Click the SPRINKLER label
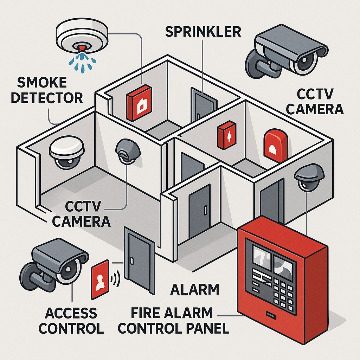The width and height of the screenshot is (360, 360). point(203,32)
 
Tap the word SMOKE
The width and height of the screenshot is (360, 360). point(42,82)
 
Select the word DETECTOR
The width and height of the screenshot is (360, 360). point(47,98)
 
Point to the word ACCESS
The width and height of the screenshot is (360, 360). point(71,313)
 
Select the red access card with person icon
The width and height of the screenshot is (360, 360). point(100,279)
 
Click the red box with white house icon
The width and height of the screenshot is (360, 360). point(139,103)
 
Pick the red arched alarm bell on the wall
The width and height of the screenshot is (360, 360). point(276,146)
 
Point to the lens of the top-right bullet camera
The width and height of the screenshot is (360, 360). point(305,60)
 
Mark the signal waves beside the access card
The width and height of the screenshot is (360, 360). point(115,279)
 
